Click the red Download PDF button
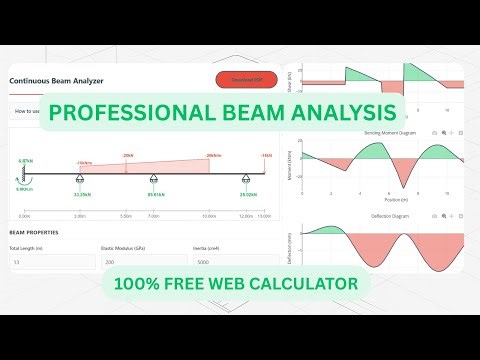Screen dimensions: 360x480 [x=246, y=80]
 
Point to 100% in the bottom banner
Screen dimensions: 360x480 [x=141, y=284]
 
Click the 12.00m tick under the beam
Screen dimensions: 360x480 [x=246, y=215]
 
